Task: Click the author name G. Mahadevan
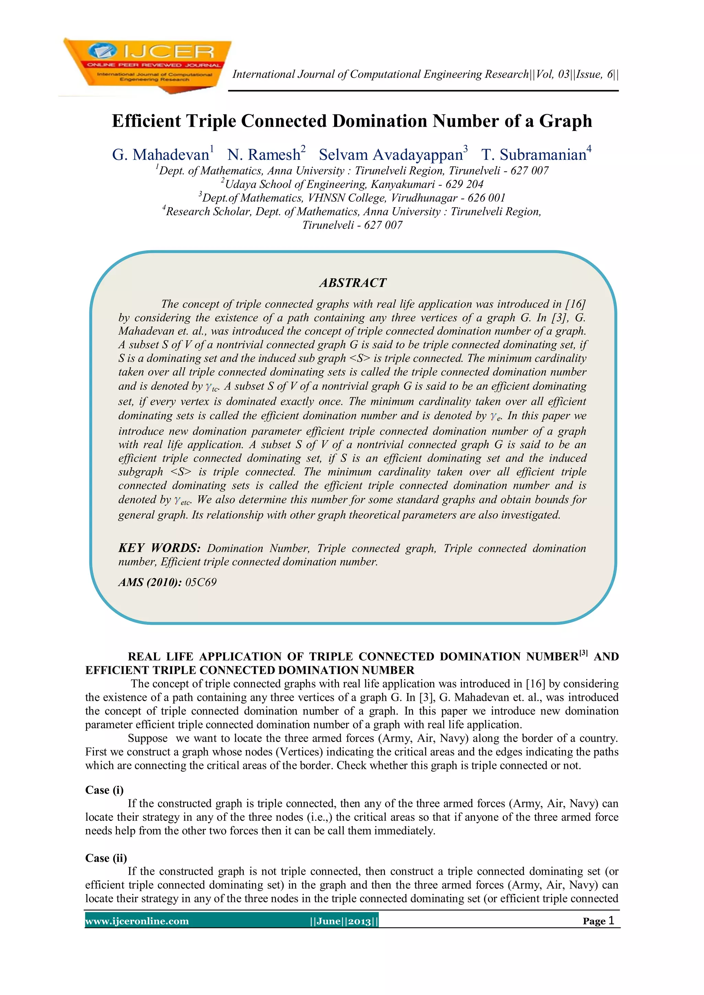[161, 155]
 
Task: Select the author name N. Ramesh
[264, 155]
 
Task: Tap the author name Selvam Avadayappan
[390, 155]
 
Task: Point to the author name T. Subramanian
[533, 155]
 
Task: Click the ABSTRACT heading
[352, 283]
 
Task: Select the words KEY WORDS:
[159, 548]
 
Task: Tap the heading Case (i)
[104, 790]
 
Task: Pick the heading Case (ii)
[106, 858]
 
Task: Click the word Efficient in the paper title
[146, 121]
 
